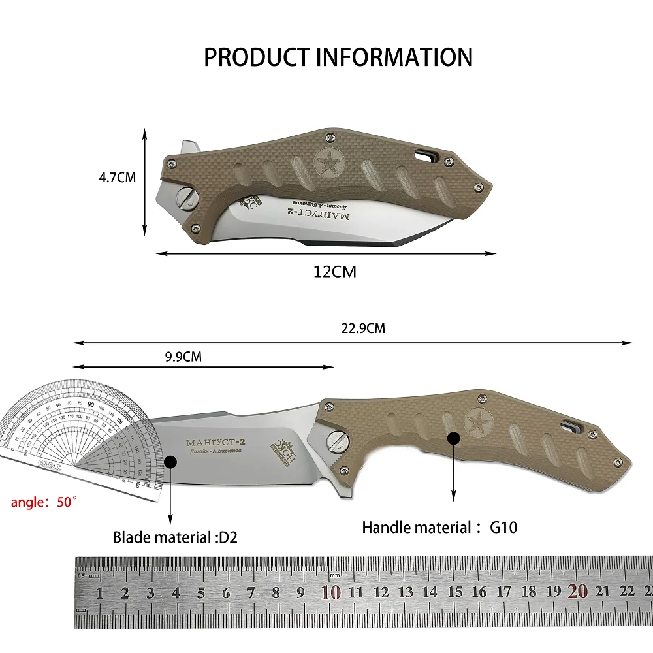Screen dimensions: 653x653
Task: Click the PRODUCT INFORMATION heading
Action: (338, 57)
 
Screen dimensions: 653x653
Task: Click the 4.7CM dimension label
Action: (118, 177)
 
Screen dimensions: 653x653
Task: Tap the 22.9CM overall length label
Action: (363, 328)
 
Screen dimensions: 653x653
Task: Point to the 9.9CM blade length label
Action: (183, 357)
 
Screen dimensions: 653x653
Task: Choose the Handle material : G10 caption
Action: (439, 527)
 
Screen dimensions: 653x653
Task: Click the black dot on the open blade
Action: (170, 462)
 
